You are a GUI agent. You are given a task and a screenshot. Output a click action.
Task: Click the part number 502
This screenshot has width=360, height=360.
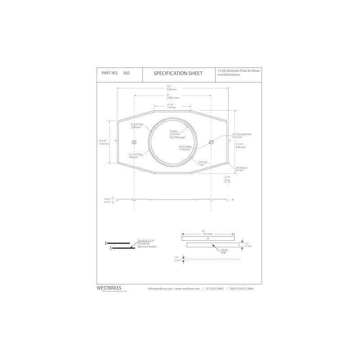coord(126,73)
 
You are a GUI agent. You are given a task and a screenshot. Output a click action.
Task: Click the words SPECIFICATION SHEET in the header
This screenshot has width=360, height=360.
coord(178,73)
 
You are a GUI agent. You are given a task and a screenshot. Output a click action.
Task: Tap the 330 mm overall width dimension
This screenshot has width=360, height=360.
coord(172,90)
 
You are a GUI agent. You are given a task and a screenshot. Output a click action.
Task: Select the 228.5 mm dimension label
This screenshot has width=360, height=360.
coord(172,97)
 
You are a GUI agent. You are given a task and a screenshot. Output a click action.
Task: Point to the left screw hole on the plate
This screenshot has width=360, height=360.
coord(134,143)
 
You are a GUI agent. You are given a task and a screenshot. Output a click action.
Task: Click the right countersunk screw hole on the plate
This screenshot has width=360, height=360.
coord(211,143)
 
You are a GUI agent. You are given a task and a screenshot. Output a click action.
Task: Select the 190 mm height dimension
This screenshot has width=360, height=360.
coord(241,147)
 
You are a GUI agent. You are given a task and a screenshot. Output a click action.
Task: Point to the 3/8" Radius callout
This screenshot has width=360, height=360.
coord(242,168)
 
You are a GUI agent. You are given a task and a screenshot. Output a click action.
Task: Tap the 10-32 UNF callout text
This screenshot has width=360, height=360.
coord(224,250)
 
